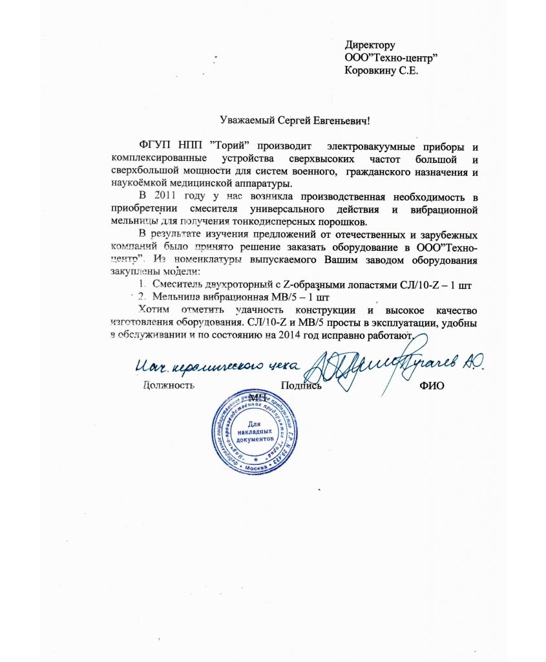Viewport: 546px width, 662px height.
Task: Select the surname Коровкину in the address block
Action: (x=372, y=71)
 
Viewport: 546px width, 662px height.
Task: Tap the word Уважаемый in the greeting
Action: (x=245, y=121)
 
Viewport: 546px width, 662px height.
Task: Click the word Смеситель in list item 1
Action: (x=178, y=284)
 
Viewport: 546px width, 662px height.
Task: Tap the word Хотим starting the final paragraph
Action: (x=156, y=310)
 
